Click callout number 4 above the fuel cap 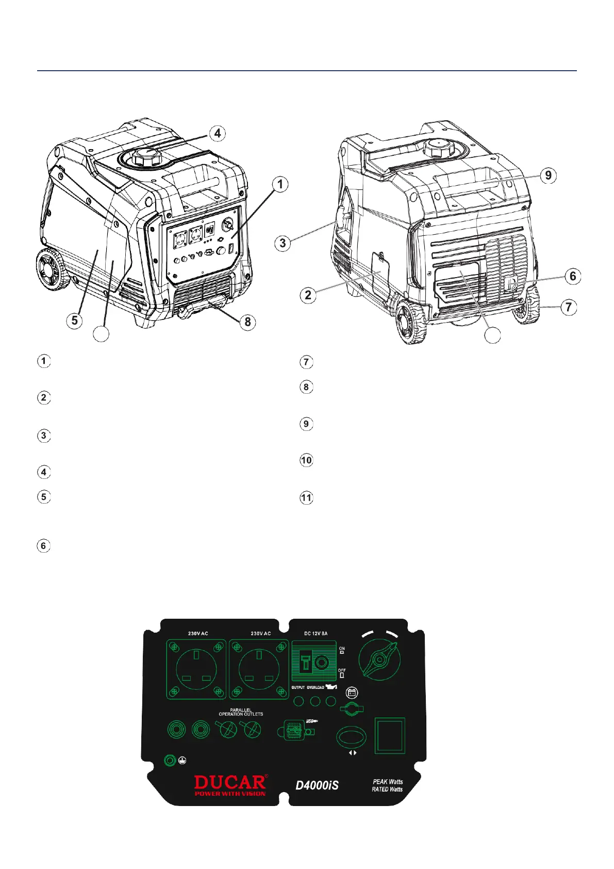pyautogui.click(x=218, y=133)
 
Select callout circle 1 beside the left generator pyautogui.click(x=280, y=184)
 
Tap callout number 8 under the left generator pyautogui.click(x=248, y=322)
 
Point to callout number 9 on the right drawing pyautogui.click(x=548, y=175)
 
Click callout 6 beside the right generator pyautogui.click(x=573, y=276)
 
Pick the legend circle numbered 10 pyautogui.click(x=307, y=460)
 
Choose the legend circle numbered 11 pyautogui.click(x=307, y=498)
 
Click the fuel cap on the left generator pyautogui.click(x=143, y=156)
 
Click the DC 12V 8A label pyautogui.click(x=316, y=633)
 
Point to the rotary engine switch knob pyautogui.click(x=380, y=660)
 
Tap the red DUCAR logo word pyautogui.click(x=230, y=782)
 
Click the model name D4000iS pyautogui.click(x=317, y=785)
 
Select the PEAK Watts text pyautogui.click(x=388, y=781)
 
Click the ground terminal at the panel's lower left pyautogui.click(x=170, y=760)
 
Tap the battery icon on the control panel pyautogui.click(x=352, y=693)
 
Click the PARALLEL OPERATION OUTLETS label pyautogui.click(x=241, y=712)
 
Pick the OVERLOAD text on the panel pyautogui.click(x=316, y=687)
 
